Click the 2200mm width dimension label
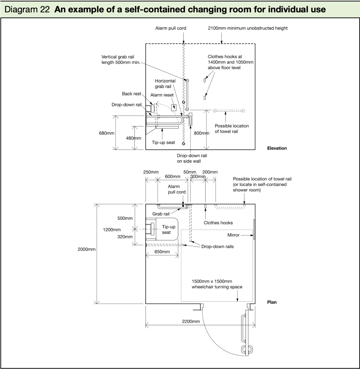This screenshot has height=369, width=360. coord(191,321)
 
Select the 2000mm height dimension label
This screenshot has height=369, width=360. coord(86,249)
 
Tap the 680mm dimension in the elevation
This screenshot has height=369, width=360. coord(106,133)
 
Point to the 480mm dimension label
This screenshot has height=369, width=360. coord(134,138)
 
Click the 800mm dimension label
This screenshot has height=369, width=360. coord(202,133)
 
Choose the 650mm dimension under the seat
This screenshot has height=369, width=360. coord(162,252)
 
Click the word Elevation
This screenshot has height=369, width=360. coord(277,148)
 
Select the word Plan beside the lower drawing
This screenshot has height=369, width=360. coord(272,302)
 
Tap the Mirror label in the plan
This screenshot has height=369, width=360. coord(233,235)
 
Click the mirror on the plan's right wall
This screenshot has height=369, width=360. coord(254,229)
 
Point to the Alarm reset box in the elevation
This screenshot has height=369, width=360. coord(174,108)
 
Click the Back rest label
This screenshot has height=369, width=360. coord(131,94)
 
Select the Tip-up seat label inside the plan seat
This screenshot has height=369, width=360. coord(168,229)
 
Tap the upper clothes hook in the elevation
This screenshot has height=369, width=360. coord(204,80)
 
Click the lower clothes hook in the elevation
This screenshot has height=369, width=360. coord(204,97)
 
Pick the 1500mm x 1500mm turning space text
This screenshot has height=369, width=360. coord(217,284)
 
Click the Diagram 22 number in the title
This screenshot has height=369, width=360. coord(27,9)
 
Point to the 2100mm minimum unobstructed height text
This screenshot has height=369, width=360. coord(248,28)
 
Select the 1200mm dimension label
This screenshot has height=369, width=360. coord(112,230)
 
